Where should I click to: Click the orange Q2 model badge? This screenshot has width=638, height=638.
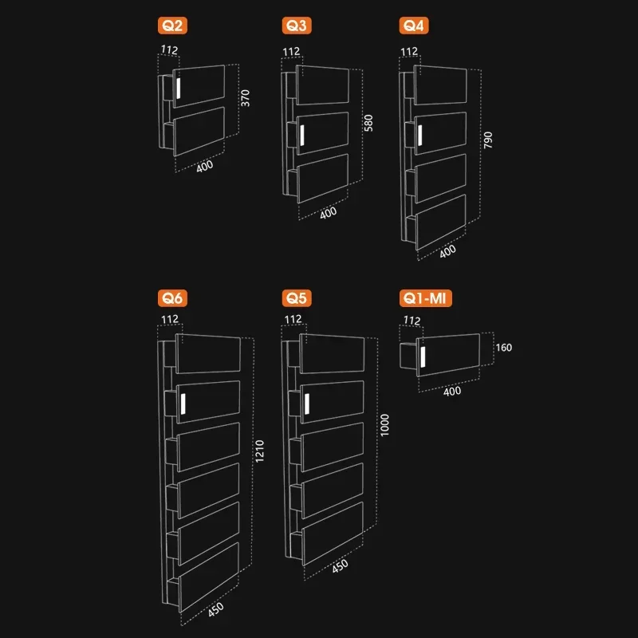[x=172, y=26]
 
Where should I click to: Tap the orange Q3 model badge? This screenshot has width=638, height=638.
[x=297, y=26]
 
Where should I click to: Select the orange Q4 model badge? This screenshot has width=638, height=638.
[x=414, y=26]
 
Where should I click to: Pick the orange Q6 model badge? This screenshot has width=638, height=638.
[x=172, y=298]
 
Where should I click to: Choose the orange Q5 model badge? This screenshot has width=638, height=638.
[x=297, y=298]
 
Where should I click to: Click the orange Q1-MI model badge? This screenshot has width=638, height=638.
[x=425, y=298]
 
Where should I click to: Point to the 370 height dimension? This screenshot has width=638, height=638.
[x=246, y=98]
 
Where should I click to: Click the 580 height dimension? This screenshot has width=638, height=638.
[x=368, y=123]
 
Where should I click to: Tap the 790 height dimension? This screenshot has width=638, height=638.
[x=488, y=140]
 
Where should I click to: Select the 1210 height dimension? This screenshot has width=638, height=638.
[x=260, y=451]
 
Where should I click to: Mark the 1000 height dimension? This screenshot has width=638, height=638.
[x=384, y=425]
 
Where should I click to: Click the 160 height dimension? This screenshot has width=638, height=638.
[x=504, y=348]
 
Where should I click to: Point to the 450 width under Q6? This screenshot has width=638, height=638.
[x=215, y=609]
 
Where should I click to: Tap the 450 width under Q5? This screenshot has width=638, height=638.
[x=340, y=566]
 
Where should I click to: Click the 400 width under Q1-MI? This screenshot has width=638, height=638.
[x=452, y=392]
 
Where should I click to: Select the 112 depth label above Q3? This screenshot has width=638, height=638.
[x=291, y=52]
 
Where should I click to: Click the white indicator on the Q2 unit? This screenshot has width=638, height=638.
[x=178, y=89]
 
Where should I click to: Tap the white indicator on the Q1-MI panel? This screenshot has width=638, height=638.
[x=423, y=356]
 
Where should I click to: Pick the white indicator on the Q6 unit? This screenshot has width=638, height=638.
[x=183, y=404]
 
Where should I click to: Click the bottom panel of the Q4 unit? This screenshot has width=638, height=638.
[x=441, y=222]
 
